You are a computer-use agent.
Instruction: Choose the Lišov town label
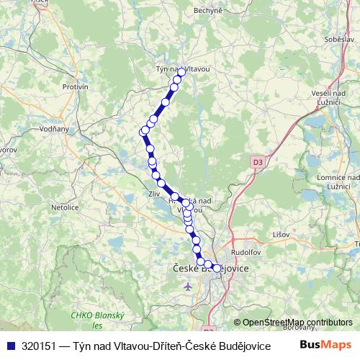click(x=281, y=235)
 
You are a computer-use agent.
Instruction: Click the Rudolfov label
click(x=246, y=252)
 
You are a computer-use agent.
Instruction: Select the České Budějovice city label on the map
click(x=212, y=269)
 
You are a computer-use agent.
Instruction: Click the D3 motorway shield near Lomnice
click(x=258, y=162)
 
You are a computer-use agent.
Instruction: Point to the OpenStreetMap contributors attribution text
click(x=297, y=323)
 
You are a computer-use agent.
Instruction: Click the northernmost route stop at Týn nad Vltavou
click(x=181, y=72)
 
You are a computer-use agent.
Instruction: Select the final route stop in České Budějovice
click(x=216, y=269)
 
